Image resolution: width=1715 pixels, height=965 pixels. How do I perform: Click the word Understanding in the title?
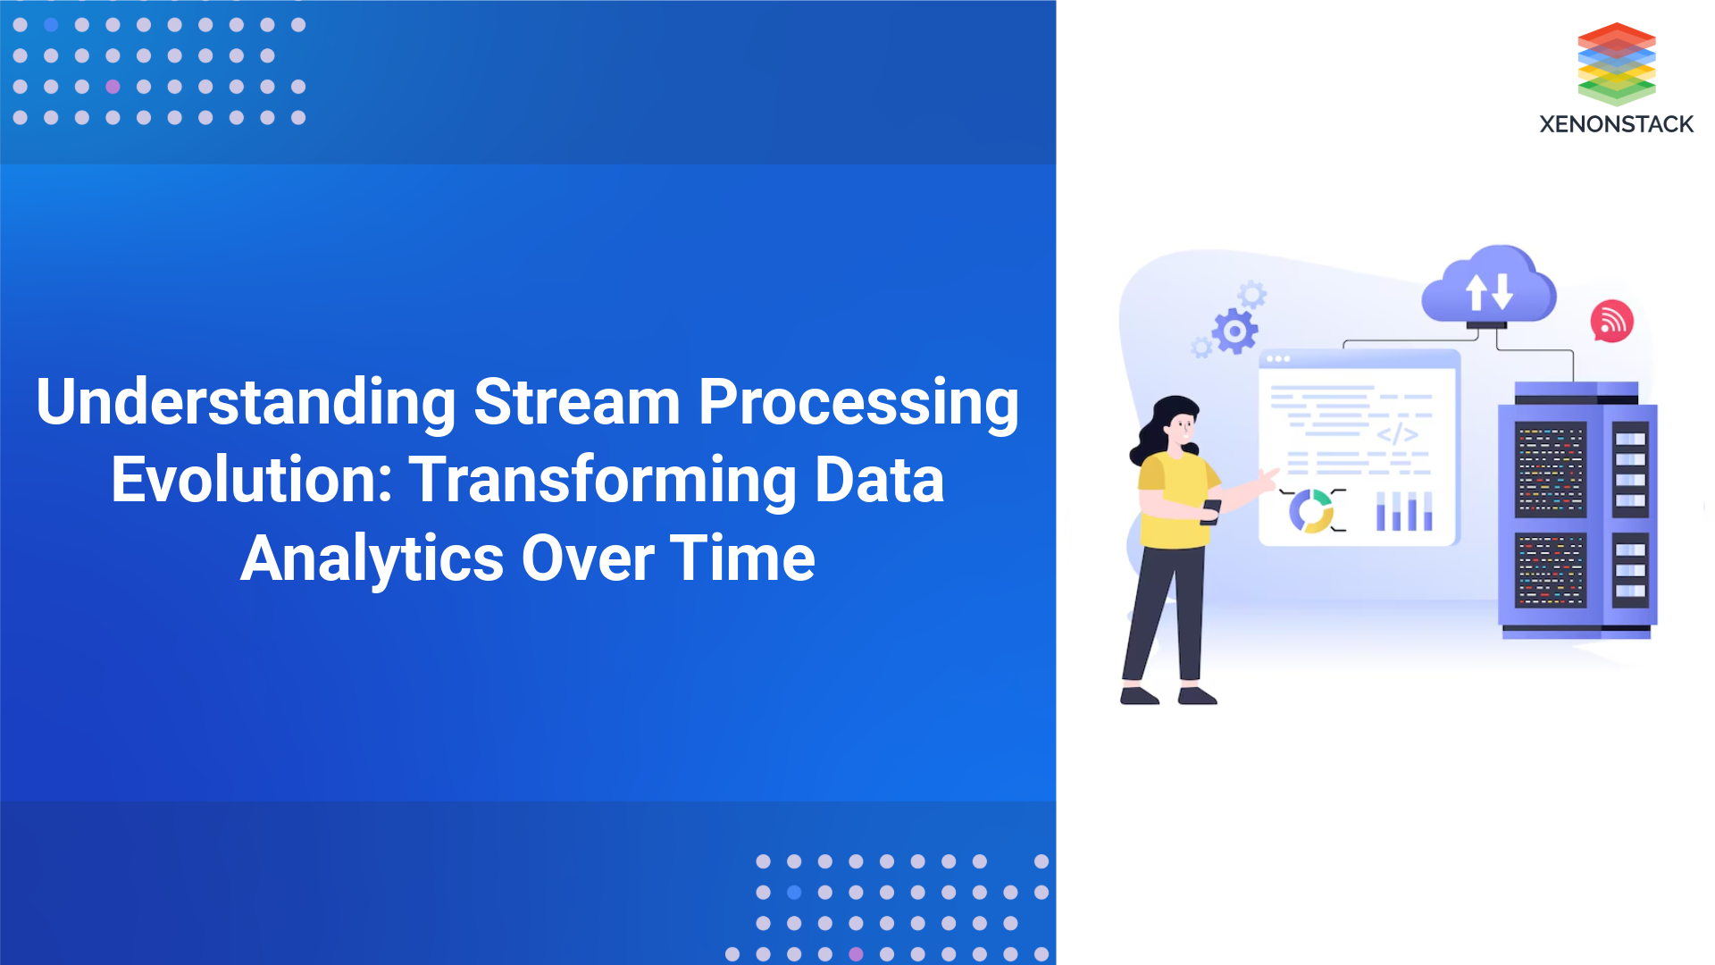[246, 403]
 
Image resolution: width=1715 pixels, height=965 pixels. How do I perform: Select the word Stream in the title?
[577, 403]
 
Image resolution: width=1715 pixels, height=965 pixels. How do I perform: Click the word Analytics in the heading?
[372, 558]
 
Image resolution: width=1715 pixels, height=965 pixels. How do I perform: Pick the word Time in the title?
[742, 558]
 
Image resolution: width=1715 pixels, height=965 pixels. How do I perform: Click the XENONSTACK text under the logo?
[1616, 124]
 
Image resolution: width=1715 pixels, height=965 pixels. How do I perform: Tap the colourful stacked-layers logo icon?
[1617, 63]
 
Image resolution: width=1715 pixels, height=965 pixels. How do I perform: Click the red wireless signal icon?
[1612, 322]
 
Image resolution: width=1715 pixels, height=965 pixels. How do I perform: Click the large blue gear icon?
[1235, 332]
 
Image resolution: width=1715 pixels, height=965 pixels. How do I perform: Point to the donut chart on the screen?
[1310, 511]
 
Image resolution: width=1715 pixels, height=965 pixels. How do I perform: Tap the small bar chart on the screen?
[1404, 511]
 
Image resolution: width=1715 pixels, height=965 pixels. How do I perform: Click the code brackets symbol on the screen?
[1397, 434]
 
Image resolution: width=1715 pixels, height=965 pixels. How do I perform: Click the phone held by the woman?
[1211, 511]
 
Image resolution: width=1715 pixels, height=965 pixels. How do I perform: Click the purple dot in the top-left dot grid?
[113, 87]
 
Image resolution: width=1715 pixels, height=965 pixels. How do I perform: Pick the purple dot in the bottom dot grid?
[856, 954]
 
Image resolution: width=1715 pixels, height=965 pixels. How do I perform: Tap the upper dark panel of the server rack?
[1551, 470]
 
